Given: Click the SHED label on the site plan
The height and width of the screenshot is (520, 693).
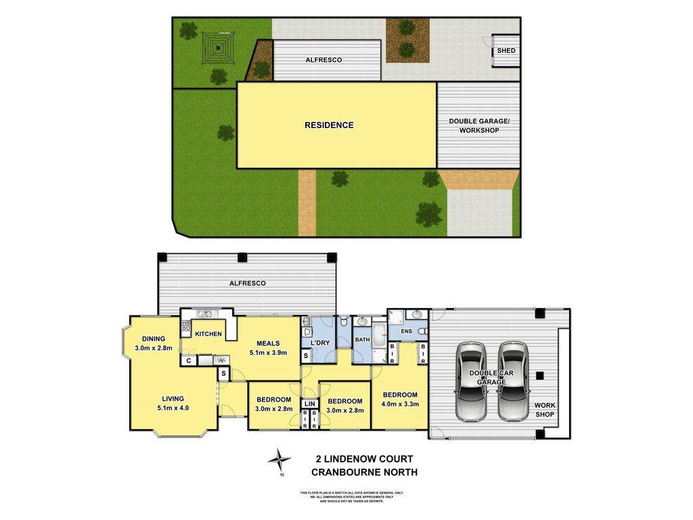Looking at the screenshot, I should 506,51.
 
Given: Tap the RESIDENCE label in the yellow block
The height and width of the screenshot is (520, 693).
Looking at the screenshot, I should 329,125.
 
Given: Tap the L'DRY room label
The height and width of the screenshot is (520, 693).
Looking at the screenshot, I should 320,343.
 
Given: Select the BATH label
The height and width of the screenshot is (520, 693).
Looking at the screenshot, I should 362,339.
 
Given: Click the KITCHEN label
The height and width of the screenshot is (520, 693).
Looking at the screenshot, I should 208,334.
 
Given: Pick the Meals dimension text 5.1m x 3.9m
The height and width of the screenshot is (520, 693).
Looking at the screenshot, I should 268,352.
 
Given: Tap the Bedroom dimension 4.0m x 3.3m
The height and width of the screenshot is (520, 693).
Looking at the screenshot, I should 401,404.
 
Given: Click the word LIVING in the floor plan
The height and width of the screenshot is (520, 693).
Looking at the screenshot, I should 173,399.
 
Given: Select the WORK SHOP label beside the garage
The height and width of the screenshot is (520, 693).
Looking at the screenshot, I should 545,410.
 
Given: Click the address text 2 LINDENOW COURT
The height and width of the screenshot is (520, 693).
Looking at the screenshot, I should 363,459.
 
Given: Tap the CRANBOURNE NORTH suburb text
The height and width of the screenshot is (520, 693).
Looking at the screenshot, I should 363,472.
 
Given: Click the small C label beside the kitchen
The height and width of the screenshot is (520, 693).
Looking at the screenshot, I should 189,361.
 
